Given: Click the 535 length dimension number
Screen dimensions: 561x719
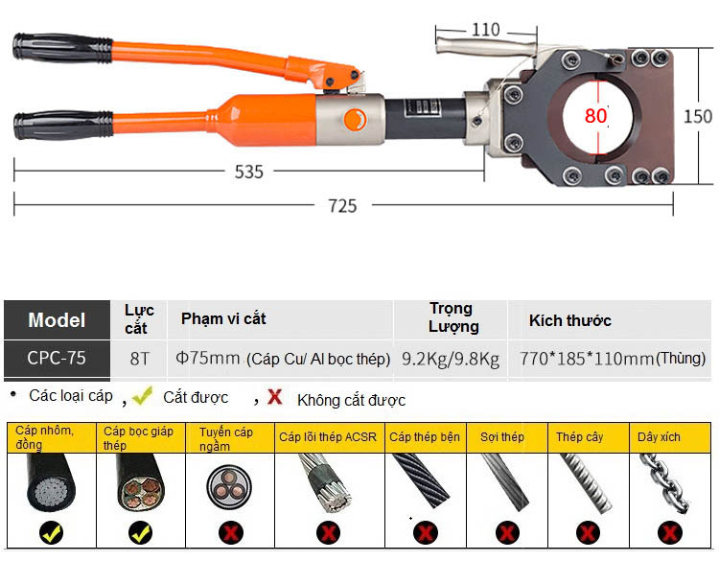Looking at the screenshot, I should click(249, 173).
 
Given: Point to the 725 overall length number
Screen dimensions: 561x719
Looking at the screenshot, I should click(342, 205).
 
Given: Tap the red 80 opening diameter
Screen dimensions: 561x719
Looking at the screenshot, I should click(596, 116).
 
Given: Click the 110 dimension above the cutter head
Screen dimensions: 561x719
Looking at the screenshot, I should click(486, 30).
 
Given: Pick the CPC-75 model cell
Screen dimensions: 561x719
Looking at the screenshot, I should click(57, 359).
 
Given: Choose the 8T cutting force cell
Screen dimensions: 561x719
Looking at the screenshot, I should click(140, 359).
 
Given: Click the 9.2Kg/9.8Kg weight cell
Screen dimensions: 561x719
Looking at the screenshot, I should click(451, 360).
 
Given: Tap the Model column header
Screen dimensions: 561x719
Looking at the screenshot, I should click(57, 320).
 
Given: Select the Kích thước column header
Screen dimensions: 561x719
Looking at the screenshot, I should click(569, 320).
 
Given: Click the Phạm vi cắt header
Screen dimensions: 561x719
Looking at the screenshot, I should click(223, 318).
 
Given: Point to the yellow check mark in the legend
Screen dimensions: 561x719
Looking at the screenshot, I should click(143, 395).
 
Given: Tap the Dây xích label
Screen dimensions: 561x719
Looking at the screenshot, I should click(659, 437).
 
